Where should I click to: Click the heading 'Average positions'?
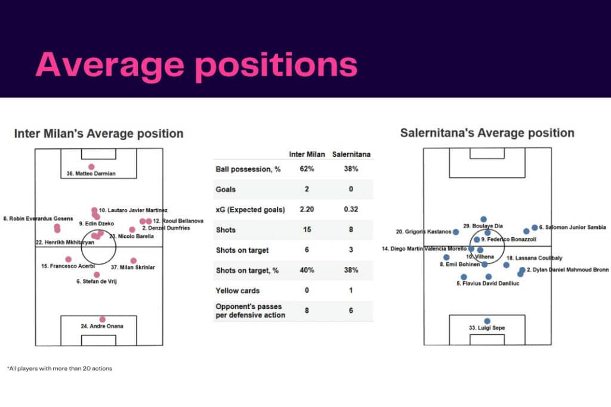coord(196,65)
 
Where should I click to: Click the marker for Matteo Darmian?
coord(91,167)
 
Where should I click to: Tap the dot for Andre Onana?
coord(103,319)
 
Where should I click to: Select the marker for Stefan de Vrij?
coord(97,274)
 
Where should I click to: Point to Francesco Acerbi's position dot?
coord(69,259)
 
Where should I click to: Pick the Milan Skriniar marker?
coord(133,260)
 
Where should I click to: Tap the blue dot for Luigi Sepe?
coord(487,321)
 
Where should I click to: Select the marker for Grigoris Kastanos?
coord(456,232)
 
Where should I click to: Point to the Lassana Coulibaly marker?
coord(507,265)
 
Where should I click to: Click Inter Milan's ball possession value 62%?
coord(307,169)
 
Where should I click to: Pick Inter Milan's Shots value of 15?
coord(307,230)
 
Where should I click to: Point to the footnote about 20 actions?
coord(59,368)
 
